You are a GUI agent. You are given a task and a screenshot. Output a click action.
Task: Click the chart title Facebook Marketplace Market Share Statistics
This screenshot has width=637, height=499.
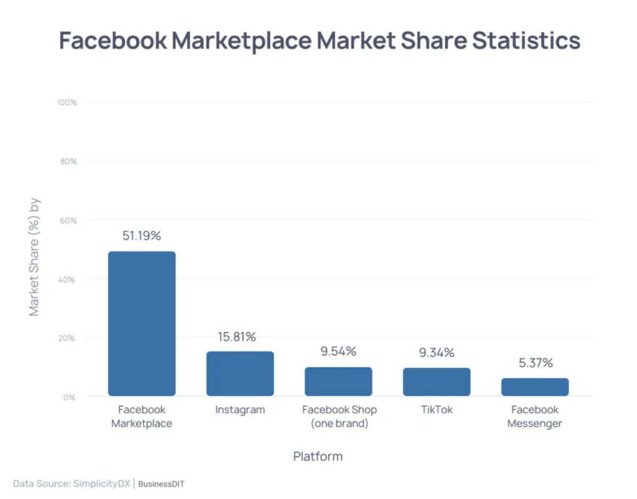(319, 41)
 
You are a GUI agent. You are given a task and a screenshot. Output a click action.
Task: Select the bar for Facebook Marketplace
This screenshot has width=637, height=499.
(142, 324)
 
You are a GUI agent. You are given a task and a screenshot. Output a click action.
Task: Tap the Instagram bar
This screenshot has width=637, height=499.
(240, 374)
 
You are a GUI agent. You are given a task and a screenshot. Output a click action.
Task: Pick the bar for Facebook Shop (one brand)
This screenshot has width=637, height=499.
(338, 382)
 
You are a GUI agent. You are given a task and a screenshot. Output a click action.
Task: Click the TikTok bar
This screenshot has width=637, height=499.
(437, 382)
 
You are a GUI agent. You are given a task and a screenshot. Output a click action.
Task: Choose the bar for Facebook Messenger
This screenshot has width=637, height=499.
(535, 387)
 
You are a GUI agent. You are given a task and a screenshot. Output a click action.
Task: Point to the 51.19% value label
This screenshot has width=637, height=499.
(142, 236)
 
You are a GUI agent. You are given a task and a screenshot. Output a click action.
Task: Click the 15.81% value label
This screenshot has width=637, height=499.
(236, 337)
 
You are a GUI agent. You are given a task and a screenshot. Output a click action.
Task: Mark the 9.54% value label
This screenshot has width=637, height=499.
(338, 351)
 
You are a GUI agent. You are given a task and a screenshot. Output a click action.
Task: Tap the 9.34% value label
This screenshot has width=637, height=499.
(437, 352)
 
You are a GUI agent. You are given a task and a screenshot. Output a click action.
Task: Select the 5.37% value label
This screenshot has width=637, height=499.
(535, 363)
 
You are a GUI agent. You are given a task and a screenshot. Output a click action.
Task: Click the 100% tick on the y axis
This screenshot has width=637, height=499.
(67, 102)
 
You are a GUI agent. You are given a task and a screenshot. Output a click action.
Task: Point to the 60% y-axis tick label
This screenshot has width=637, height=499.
(68, 220)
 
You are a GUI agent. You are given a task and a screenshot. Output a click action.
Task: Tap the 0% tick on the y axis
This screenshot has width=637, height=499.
(70, 397)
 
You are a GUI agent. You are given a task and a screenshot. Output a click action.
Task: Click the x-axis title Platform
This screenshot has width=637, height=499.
(318, 457)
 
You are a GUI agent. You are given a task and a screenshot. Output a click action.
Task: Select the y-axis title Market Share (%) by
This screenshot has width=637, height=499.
(34, 257)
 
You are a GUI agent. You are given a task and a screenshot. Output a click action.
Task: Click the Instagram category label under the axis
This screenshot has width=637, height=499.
(240, 410)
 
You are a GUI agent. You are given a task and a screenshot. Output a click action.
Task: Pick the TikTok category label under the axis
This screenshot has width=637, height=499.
(437, 410)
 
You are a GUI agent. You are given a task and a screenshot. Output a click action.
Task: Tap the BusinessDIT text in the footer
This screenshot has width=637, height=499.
(162, 483)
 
